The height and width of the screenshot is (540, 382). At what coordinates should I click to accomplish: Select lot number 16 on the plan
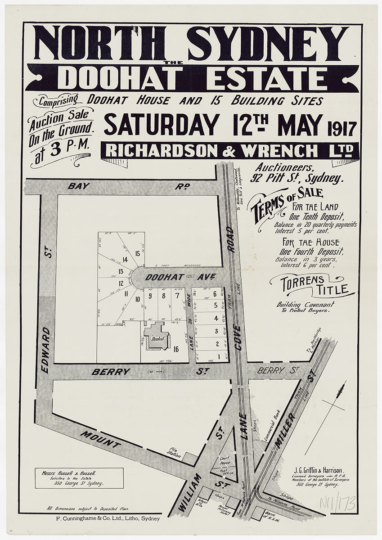[x=176, y=348]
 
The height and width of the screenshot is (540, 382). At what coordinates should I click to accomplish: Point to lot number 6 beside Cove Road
[x=216, y=294]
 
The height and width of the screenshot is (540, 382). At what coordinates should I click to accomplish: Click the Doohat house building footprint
[x=156, y=337]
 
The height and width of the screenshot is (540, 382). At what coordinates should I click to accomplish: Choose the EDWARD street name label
[x=45, y=350]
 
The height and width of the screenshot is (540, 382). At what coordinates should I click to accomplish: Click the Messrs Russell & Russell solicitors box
[x=79, y=478]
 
